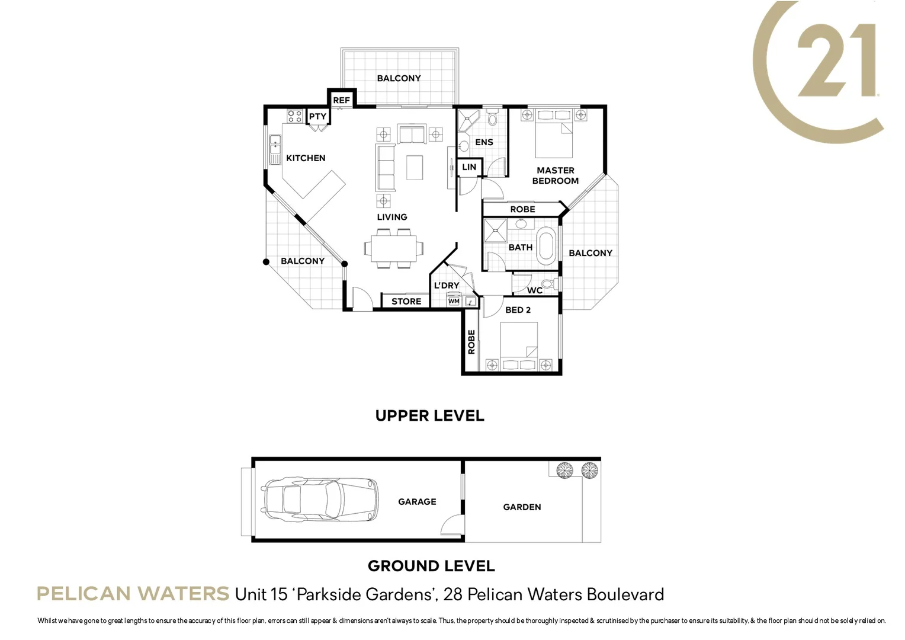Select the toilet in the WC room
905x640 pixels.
(548, 284)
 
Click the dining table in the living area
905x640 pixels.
(393, 249)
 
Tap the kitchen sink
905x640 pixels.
(275, 149)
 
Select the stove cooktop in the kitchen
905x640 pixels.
(295, 116)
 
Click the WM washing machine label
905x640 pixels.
(454, 301)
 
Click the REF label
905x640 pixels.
(341, 100)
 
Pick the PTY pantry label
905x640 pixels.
(317, 116)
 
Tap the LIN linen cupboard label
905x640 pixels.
(469, 167)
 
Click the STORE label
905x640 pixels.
(406, 301)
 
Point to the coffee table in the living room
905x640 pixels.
(415, 167)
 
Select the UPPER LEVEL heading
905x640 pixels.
(429, 415)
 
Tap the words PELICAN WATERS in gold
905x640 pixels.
(133, 593)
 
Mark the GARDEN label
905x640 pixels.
(522, 507)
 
